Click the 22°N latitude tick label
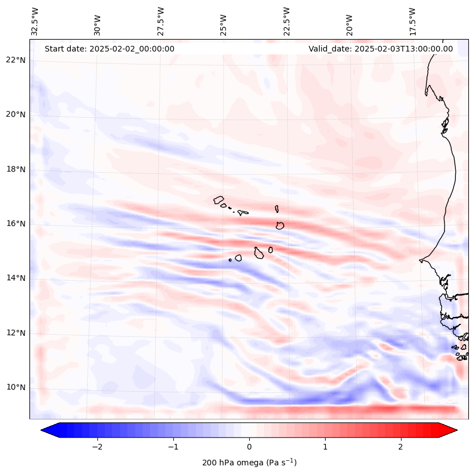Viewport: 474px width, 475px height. pos(15,60)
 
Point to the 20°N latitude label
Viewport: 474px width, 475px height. pos(15,114)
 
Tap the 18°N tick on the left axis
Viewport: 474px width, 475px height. pos(15,169)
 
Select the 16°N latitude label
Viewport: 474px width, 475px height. pos(15,224)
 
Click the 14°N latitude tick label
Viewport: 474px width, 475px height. pos(15,278)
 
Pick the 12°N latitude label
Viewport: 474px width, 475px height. pos(15,333)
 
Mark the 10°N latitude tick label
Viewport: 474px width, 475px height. pos(15,387)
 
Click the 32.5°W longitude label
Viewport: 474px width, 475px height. pos(35,21)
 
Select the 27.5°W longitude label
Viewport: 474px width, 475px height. pos(161,21)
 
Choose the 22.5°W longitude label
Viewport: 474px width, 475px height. pos(287,21)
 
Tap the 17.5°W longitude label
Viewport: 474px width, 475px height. pos(412,21)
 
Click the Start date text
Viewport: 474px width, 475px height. pos(109,49)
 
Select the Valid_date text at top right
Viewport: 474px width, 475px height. pos(381,49)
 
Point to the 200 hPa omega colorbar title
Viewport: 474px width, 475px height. pos(249,463)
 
